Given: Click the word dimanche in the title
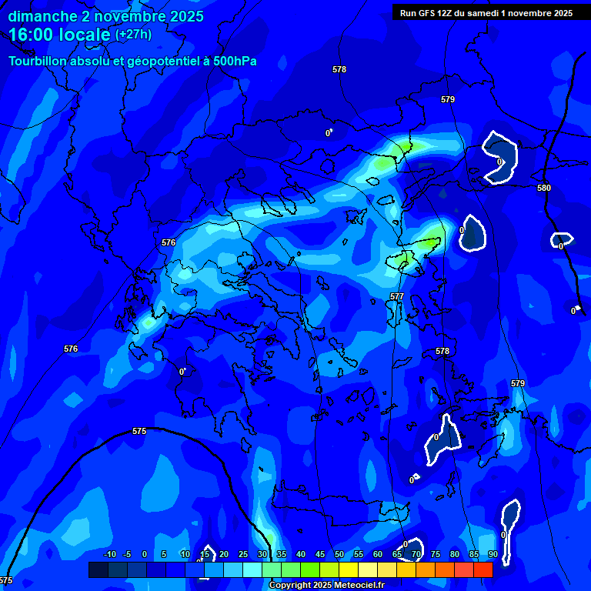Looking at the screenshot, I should (x=42, y=16).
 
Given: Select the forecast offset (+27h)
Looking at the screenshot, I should (x=133, y=34).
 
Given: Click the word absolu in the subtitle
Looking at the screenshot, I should (x=93, y=61).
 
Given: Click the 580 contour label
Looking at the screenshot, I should (x=544, y=188).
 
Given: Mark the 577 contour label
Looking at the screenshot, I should (x=397, y=296).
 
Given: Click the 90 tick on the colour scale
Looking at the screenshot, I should (x=492, y=554).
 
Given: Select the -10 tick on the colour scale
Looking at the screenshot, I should (x=109, y=554).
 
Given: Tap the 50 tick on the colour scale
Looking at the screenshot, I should (x=339, y=554).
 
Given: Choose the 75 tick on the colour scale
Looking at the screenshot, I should (x=436, y=554).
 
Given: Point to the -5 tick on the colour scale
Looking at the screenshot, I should (x=127, y=554).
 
